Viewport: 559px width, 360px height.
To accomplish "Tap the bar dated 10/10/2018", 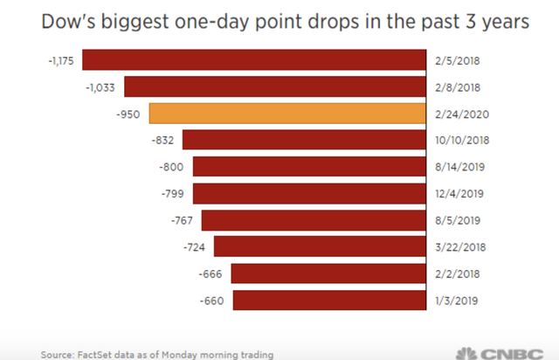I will [x=303, y=140].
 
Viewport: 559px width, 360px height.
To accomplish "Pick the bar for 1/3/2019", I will [x=328, y=301].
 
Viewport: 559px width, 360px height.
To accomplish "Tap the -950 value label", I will [x=133, y=114].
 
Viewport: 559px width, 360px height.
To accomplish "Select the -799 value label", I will [x=176, y=194].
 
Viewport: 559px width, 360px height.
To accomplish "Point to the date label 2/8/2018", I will [x=456, y=87].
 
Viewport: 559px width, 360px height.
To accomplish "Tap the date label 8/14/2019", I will [x=459, y=167].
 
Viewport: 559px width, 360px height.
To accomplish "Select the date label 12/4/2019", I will [x=459, y=194].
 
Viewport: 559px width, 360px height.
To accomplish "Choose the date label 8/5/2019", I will [x=456, y=220].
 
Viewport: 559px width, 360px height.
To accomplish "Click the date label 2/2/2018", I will [x=456, y=274].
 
